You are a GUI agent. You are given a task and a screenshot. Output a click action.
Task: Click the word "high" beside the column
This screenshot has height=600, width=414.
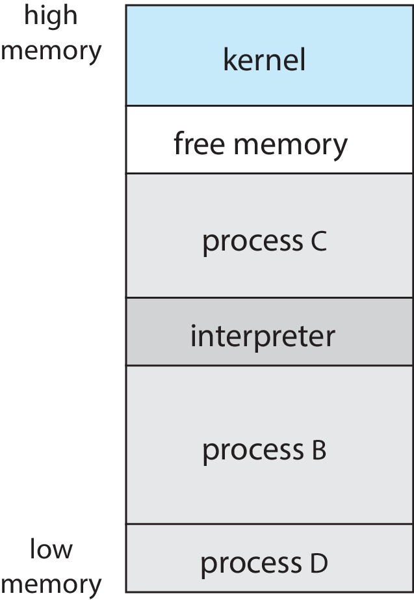click(x=51, y=16)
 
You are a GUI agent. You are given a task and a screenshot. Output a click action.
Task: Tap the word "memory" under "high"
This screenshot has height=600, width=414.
click(x=51, y=51)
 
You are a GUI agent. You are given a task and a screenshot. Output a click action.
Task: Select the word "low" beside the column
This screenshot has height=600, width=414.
click(x=51, y=550)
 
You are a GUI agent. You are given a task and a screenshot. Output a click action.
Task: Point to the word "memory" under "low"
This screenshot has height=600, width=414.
click(x=51, y=584)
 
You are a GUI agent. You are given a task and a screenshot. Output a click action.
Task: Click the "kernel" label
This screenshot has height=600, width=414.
click(x=264, y=61)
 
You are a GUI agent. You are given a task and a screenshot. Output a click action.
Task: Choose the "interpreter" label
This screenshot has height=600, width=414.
click(x=263, y=336)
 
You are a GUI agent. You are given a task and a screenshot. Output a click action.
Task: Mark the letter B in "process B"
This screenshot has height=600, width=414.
click(x=318, y=450)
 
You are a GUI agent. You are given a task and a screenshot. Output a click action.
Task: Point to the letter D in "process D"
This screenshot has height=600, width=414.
click(x=318, y=563)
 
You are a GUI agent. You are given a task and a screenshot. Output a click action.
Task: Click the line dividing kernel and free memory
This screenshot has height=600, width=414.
click(x=269, y=105)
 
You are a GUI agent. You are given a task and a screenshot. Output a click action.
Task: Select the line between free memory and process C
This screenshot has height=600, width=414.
click(x=269, y=173)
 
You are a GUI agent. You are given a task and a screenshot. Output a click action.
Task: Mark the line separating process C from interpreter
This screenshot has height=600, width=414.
click(x=269, y=298)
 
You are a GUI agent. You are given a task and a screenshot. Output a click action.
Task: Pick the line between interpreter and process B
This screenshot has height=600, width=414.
click(x=269, y=365)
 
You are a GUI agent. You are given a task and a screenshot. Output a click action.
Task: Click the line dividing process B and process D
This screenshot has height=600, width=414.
click(x=269, y=524)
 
